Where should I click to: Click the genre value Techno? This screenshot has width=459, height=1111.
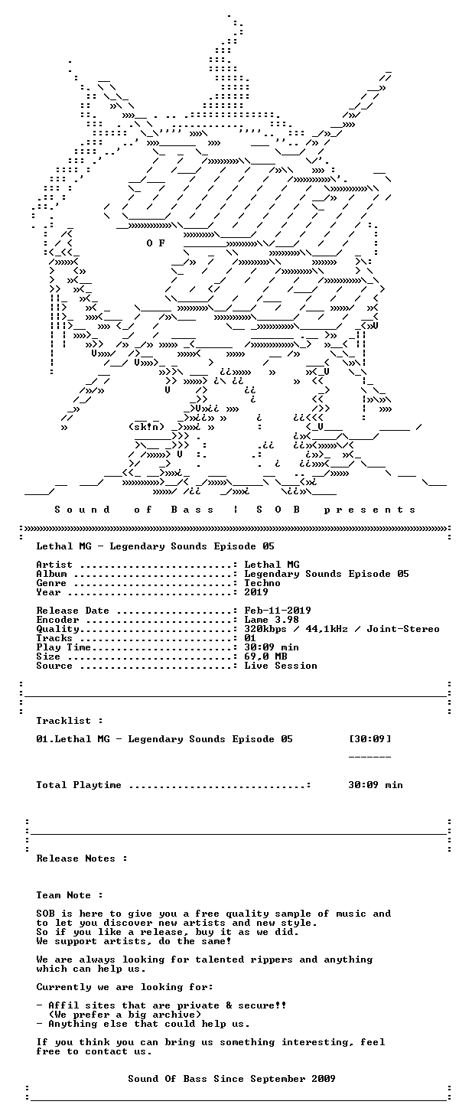[x=262, y=583]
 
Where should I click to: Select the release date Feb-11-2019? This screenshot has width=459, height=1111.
[x=278, y=611]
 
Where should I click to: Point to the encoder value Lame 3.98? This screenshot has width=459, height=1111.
[x=272, y=620]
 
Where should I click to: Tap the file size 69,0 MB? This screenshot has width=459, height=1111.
[x=265, y=656]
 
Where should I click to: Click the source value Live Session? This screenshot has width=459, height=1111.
[x=281, y=666]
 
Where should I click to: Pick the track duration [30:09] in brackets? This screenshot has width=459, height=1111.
[x=369, y=739]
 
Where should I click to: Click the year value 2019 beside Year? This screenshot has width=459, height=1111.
[x=256, y=592]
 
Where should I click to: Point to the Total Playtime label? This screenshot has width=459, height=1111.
[x=78, y=785]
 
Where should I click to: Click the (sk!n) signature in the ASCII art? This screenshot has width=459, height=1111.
[x=146, y=427]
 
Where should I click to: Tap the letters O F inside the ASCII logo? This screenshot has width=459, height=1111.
[x=155, y=243]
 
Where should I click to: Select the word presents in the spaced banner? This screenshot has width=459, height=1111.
[x=369, y=510]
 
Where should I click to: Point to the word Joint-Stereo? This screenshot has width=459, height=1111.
[x=403, y=629]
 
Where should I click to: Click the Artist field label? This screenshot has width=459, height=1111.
[x=54, y=565]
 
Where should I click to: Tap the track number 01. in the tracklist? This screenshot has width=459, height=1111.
[x=45, y=739]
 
